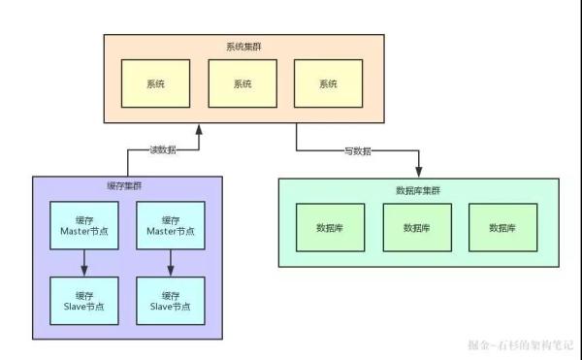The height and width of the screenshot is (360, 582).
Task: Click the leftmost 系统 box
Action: coord(156,83)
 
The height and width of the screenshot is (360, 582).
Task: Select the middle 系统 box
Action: coord(242,83)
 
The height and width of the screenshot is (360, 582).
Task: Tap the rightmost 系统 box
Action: coord(329,83)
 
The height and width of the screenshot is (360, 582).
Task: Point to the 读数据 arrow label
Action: coord(162,150)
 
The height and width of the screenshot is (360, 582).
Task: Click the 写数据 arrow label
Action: coord(359,151)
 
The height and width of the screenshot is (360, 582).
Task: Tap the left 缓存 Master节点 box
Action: coord(84,225)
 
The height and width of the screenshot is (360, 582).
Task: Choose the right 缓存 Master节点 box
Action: coord(171,225)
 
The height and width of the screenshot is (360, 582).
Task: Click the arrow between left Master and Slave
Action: coord(84,262)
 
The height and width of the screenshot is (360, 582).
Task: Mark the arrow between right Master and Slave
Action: coord(171,262)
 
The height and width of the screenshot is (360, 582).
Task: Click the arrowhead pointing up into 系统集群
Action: coord(199,129)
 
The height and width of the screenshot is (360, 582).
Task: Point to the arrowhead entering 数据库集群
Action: coord(419,171)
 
